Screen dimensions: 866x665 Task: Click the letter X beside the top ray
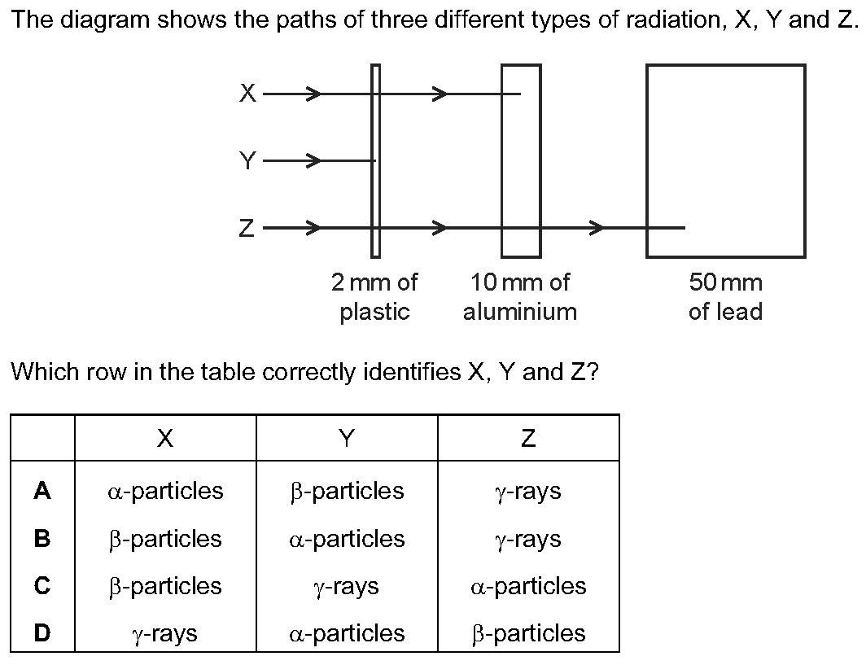(248, 93)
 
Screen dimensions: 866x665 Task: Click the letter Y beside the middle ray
(248, 160)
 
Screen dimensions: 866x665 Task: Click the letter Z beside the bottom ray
(247, 228)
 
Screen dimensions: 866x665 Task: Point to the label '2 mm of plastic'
(374, 297)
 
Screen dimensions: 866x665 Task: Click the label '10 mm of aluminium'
(520, 297)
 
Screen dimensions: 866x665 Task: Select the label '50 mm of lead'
(726, 297)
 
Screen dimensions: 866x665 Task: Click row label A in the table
(42, 491)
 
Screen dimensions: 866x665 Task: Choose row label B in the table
(42, 539)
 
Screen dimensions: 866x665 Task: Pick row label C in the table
(42, 586)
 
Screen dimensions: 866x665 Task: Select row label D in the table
(42, 633)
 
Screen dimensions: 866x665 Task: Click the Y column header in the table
(346, 438)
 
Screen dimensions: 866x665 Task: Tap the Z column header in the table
(528, 438)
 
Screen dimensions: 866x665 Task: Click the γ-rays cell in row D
(164, 634)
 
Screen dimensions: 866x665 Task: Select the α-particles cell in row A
(165, 491)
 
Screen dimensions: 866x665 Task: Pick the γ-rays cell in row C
(346, 587)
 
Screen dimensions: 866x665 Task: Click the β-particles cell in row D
(528, 634)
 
